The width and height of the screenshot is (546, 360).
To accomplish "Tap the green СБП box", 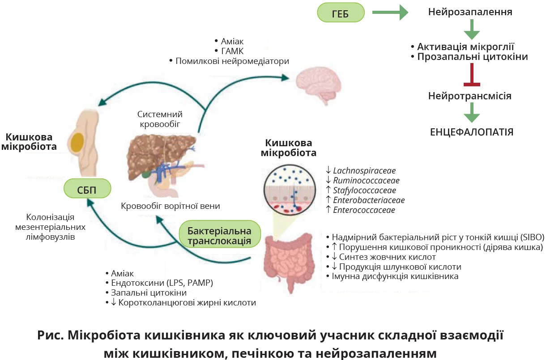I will (x=87, y=188).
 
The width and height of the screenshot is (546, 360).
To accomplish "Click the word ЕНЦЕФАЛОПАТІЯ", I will (x=471, y=132).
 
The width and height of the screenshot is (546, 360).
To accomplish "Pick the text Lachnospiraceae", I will (x=364, y=170).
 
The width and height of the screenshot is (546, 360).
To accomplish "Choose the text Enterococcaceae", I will (x=364, y=210).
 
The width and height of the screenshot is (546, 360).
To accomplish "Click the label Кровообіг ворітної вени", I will (x=171, y=206).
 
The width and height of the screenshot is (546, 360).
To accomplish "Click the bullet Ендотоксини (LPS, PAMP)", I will (x=162, y=283).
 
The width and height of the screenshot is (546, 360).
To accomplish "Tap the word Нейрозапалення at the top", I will (x=470, y=12).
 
